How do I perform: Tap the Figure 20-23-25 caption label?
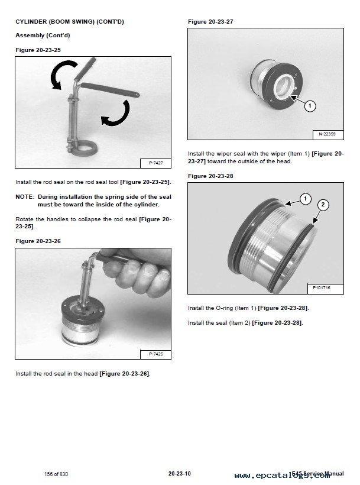[38, 50]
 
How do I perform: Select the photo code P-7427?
[155, 162]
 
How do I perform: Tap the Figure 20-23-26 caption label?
[38, 241]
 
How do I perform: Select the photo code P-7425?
[155, 354]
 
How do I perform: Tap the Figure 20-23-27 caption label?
[210, 22]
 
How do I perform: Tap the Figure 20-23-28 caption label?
[210, 176]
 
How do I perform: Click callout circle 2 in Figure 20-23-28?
[322, 205]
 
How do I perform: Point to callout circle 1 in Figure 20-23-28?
[305, 199]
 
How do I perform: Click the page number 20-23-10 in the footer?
[179, 473]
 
